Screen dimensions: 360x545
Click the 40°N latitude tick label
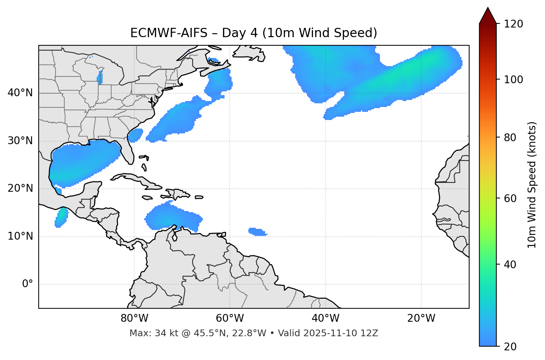tap(20, 93)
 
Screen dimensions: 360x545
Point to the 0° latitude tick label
tap(27, 284)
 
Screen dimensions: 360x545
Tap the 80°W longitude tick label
tap(134, 318)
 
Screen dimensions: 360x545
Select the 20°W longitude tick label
tap(421, 318)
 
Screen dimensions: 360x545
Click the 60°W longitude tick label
tap(230, 318)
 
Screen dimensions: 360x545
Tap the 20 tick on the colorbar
tap(510, 347)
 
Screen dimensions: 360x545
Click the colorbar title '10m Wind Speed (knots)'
tap(532, 185)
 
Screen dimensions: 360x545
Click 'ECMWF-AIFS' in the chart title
tap(168, 33)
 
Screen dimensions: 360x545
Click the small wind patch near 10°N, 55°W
tap(257, 232)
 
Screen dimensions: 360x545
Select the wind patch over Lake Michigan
tap(100, 78)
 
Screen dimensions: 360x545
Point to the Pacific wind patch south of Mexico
tap(61, 217)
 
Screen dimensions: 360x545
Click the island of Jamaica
tap(147, 198)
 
